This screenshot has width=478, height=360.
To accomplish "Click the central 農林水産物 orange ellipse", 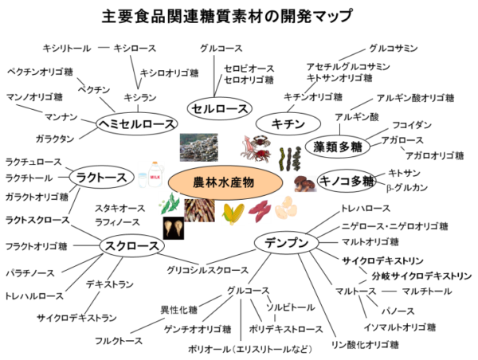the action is point(225,182).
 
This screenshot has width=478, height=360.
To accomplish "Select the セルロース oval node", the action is point(220,109).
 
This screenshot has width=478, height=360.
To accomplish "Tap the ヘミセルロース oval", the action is point(136,124).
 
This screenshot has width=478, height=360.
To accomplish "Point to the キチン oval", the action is point(288,123).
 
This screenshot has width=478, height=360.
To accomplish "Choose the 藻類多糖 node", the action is point(338,147).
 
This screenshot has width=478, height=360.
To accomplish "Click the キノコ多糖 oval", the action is point(346,182).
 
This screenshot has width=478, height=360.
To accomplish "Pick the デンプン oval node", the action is point(287,243).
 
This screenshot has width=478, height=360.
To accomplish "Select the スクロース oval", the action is point(131,245).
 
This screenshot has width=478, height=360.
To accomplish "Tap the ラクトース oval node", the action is point(101,178).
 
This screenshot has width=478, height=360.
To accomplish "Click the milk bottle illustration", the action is point(151,174).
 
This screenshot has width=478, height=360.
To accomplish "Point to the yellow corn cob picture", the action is point(233,213).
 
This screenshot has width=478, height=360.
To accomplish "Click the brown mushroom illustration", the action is point(304,183).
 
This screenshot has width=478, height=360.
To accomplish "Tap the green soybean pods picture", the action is point(170,204).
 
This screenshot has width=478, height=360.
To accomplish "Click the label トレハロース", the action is point(366,209).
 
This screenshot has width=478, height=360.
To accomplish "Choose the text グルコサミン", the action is point(394,48).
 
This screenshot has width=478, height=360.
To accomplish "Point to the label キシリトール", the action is point(67,48).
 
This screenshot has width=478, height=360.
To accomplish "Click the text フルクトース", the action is point(119,341).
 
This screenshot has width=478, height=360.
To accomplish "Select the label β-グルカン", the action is point(406,188).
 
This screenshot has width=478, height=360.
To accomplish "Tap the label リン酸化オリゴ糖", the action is point(365,345).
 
